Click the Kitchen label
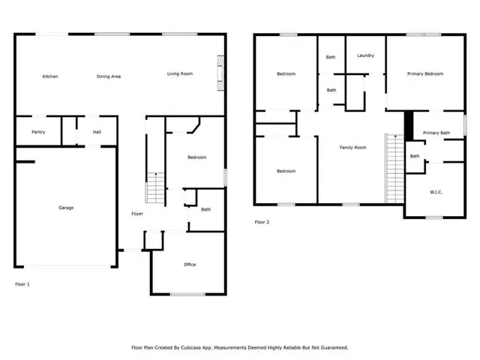50,76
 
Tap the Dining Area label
109,76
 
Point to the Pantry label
38,133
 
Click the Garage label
66,208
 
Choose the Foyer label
137,214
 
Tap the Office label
190,265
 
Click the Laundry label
365,55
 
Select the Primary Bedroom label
425,73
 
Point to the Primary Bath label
436,133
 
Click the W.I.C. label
436,192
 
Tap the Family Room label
352,148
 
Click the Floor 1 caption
22,284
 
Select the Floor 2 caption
262,222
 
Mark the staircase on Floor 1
154,188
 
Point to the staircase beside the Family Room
394,168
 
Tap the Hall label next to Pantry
97,133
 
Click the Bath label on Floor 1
205,210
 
